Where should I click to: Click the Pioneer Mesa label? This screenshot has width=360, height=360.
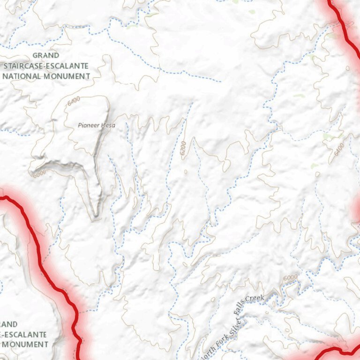(96, 125)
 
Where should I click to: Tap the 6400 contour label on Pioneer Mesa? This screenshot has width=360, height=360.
(74, 101)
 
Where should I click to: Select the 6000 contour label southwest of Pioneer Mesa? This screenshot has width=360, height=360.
(39, 174)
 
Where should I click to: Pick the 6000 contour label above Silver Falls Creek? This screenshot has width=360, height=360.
(290, 277)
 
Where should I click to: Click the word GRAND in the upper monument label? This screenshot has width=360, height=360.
(45, 55)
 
